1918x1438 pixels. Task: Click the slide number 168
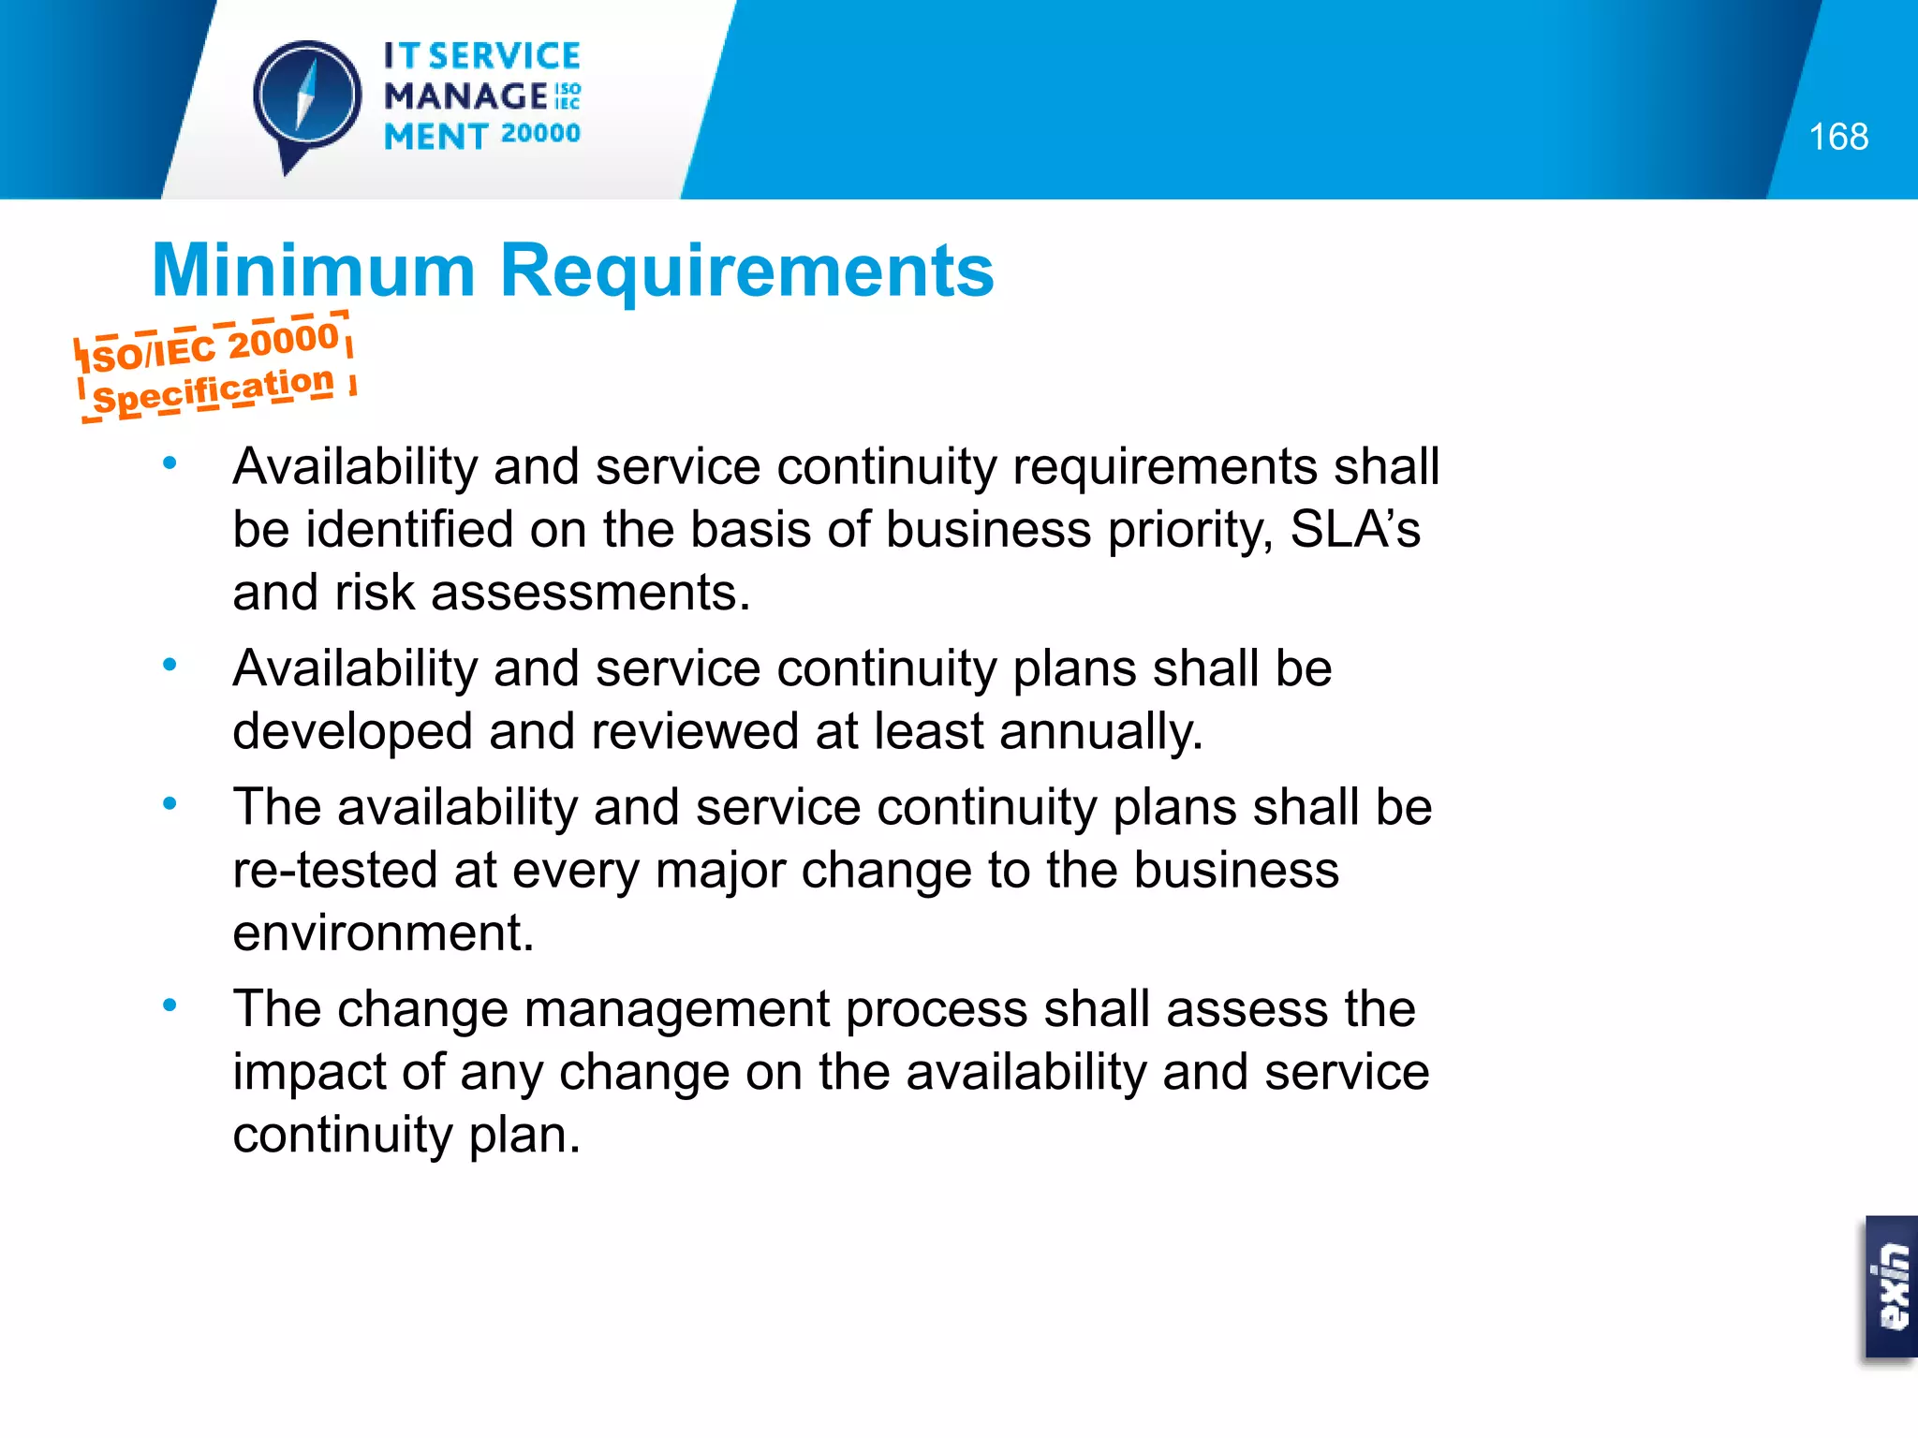(1837, 138)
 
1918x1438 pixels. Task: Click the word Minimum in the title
(314, 271)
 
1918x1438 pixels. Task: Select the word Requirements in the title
(746, 271)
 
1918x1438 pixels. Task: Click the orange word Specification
(214, 390)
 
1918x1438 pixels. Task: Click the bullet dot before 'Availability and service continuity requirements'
(170, 463)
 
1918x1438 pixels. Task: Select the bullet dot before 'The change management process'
(170, 1006)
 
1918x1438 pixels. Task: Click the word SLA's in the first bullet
(1354, 530)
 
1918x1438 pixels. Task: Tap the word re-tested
(334, 871)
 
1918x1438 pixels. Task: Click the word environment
(382, 933)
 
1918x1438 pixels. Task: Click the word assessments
(590, 593)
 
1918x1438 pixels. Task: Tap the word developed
(352, 732)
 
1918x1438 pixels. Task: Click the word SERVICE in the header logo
(505, 57)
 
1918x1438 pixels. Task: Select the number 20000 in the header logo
(540, 134)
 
